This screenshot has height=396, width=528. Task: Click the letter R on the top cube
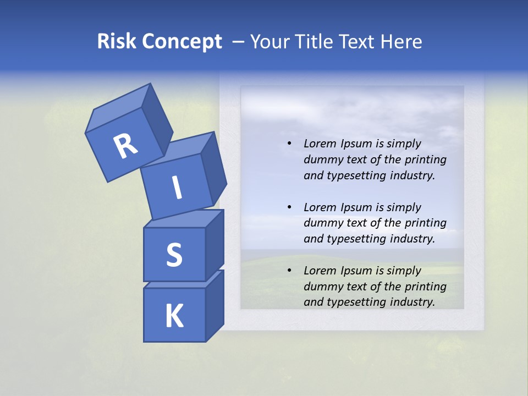coord(125,146)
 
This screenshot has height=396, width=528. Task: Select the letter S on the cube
coord(174,254)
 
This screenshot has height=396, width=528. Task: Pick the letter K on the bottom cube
coord(174,316)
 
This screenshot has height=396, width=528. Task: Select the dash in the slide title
coord(238,42)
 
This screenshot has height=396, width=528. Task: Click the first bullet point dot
coord(289,144)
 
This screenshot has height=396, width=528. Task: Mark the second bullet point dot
coord(289,207)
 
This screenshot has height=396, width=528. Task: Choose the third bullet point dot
coord(289,271)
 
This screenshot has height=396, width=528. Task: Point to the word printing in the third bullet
coord(426,286)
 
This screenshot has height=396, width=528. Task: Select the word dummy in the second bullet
coord(322,223)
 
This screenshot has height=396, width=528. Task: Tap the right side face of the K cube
coord(215,305)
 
